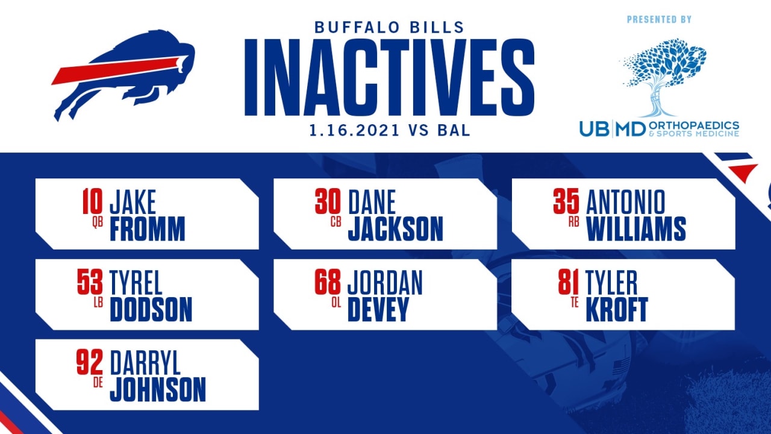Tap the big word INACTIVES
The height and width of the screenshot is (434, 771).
coord(389,77)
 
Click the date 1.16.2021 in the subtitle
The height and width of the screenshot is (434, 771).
coord(354,131)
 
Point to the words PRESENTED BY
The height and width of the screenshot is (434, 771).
coord(659,19)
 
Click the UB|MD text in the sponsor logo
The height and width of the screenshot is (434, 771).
coord(613,129)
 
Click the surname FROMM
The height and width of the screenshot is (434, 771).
coord(148,228)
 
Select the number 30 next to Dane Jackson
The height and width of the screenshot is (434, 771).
coord(328,201)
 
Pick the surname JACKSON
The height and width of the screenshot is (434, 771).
coord(396,228)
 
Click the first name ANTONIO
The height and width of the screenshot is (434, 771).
coord(625,202)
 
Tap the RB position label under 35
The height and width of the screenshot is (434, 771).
coord(574,222)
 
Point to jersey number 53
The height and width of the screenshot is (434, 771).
coord(90,282)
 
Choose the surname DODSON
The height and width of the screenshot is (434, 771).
coord(151,309)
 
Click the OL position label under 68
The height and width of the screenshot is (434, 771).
coord(336,303)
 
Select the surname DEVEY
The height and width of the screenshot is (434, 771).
coord(378,309)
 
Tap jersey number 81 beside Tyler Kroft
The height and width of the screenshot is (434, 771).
coord(568,282)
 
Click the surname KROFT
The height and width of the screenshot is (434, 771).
coord(617,309)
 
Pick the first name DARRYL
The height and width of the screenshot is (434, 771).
coord(145,363)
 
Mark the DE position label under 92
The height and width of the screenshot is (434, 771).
coord(98,383)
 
